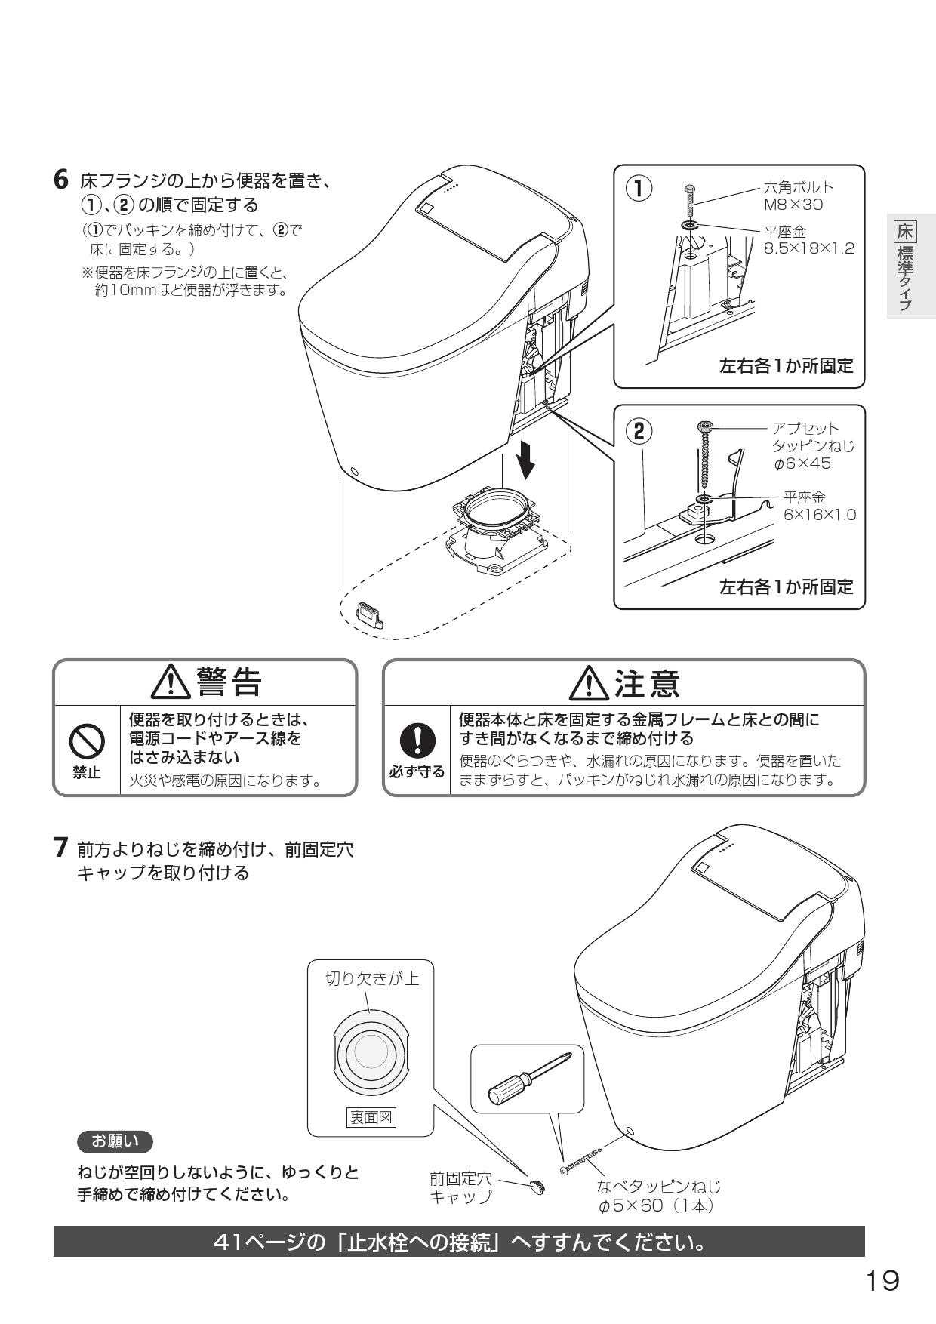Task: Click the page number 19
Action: pyautogui.click(x=881, y=1280)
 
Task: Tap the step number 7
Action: pyautogui.click(x=63, y=848)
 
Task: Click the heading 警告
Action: pyautogui.click(x=205, y=682)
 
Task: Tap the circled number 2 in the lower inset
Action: pyautogui.click(x=639, y=431)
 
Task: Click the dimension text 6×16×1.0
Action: pyautogui.click(x=819, y=515)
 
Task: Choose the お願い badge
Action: pyautogui.click(x=115, y=1141)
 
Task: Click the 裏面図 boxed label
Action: pyautogui.click(x=370, y=1117)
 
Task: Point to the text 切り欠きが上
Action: pyautogui.click(x=371, y=979)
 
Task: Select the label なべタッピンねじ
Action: pyautogui.click(x=658, y=1186)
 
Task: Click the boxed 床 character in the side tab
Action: pyautogui.click(x=905, y=230)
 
